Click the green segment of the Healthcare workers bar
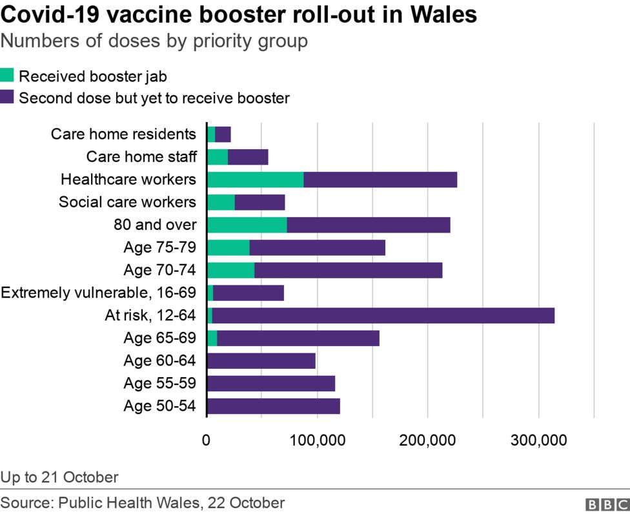point(256,180)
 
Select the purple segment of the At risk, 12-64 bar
point(383,315)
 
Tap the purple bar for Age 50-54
point(273,406)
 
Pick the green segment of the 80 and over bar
point(247,225)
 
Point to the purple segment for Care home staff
point(248,157)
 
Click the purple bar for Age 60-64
point(261,360)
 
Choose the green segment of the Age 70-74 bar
point(231,270)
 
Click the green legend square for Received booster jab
point(7,76)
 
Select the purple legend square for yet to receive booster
point(7,98)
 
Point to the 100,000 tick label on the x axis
point(317,440)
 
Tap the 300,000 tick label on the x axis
point(538,440)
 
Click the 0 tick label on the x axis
point(207,440)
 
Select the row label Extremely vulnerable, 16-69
point(98,293)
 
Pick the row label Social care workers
point(127,202)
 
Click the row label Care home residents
point(123,134)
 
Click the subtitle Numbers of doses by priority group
point(154,41)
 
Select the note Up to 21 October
point(59,477)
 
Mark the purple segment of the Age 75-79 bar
point(317,247)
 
